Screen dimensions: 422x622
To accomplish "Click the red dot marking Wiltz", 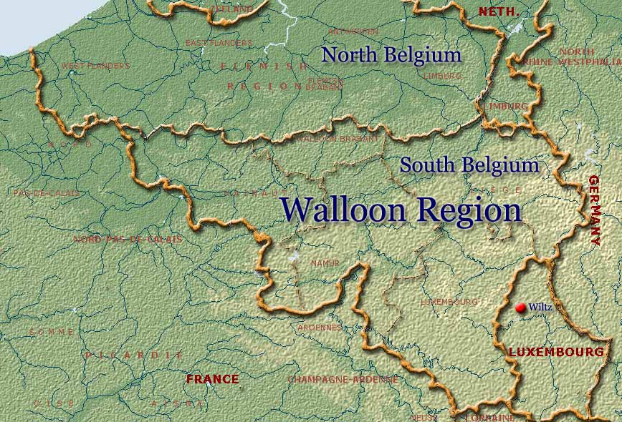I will [x=520, y=308].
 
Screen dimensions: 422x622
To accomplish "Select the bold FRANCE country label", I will [x=212, y=379].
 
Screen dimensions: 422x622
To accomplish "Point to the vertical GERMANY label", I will [x=594, y=211].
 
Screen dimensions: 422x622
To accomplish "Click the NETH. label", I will [x=497, y=11].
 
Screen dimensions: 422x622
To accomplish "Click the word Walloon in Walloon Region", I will [x=343, y=210].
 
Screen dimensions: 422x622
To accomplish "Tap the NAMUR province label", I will [x=325, y=264].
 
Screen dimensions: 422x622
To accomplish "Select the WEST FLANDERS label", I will [x=96, y=66].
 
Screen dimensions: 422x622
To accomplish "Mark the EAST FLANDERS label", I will [x=219, y=43].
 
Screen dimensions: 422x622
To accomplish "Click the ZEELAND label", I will [x=231, y=9].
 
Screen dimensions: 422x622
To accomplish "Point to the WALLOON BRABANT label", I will [x=338, y=139].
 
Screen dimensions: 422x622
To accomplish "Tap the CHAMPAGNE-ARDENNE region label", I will [x=343, y=380].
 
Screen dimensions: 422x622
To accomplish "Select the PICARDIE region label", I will [x=134, y=355].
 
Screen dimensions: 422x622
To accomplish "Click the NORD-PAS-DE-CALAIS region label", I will [x=128, y=239].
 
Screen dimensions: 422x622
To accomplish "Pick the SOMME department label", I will [x=52, y=332].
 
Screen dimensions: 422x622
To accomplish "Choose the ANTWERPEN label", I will [x=353, y=31].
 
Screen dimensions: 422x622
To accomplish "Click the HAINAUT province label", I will [x=250, y=193].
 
